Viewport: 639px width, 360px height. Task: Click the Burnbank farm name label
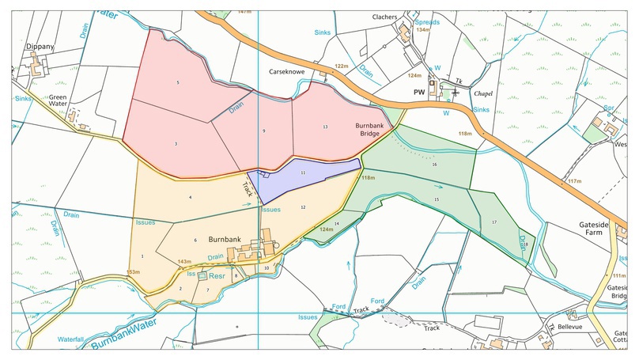(225, 238)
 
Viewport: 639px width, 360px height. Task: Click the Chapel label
(483, 93)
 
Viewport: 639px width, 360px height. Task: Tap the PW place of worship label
(419, 92)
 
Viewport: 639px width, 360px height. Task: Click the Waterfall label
(71, 339)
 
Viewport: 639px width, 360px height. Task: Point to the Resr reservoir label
(216, 277)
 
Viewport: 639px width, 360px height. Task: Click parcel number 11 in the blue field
(303, 172)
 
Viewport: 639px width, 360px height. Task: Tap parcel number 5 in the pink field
(178, 82)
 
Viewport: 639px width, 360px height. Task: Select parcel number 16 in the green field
(434, 164)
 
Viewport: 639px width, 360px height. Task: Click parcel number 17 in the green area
(494, 222)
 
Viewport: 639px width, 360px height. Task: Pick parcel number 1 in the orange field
(142, 256)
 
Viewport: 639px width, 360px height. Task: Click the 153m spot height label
(133, 272)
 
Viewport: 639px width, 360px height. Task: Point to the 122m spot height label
(342, 66)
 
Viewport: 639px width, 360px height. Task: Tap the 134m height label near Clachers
(423, 30)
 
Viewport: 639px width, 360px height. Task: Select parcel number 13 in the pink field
(325, 127)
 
